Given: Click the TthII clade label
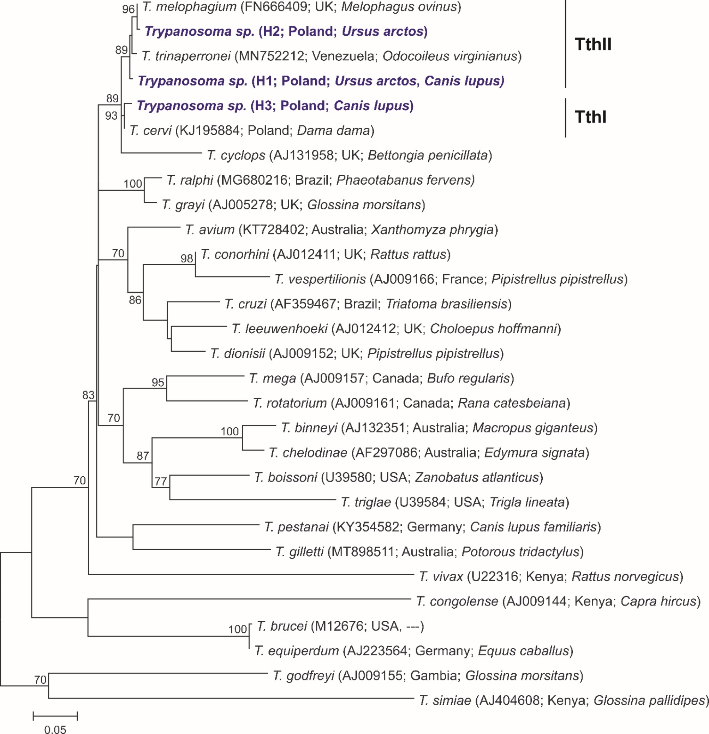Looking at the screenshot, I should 592,44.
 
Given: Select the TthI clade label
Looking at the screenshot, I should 590,117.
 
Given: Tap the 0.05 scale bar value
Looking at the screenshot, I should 55,729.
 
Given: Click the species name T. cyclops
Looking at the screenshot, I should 236,155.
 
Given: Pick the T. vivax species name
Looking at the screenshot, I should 441,576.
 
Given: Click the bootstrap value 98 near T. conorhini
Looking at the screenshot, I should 186,258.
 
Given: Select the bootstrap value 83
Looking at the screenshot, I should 88,395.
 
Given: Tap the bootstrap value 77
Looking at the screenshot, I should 161,481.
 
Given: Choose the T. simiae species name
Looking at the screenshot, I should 445,700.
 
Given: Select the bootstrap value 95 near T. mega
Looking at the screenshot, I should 158,382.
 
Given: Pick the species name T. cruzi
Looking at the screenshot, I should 245,304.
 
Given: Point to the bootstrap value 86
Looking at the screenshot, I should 135,300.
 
